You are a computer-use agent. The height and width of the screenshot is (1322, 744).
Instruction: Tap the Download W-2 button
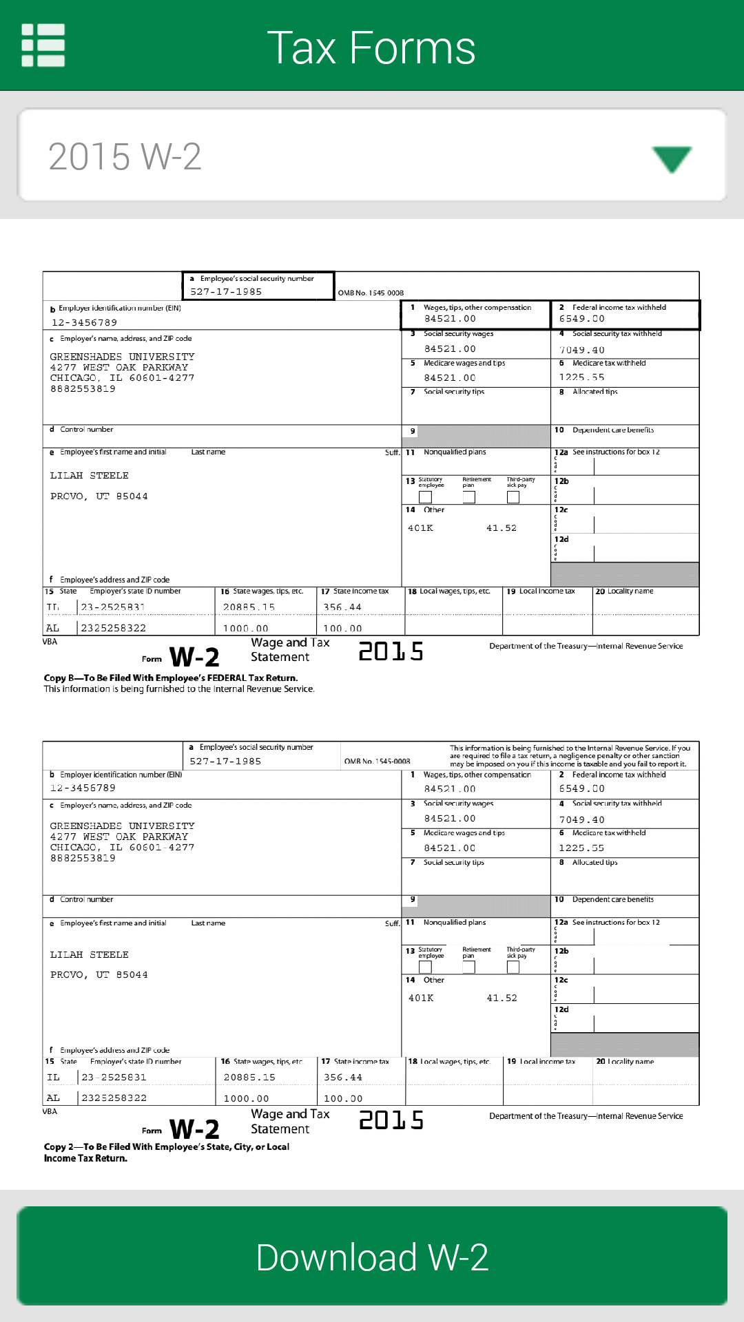click(x=372, y=1256)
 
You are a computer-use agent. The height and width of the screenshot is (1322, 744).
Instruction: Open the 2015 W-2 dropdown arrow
click(x=672, y=158)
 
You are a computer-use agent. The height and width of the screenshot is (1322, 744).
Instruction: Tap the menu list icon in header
click(x=43, y=45)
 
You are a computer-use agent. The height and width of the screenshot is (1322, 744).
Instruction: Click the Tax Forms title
click(x=371, y=48)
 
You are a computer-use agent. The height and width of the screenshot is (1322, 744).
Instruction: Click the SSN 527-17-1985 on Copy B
click(x=226, y=292)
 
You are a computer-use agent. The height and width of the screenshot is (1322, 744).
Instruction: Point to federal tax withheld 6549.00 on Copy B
click(x=582, y=319)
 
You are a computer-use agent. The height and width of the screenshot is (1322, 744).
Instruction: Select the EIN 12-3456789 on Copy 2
click(x=83, y=788)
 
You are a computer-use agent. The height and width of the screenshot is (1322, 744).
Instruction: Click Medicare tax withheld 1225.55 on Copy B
click(x=582, y=377)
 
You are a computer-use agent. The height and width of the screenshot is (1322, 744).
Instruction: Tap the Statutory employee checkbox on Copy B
click(x=426, y=497)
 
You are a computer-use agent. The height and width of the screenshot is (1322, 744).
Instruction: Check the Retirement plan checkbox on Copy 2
click(x=469, y=967)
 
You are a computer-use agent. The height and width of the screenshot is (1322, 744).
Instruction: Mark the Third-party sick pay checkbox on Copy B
click(x=513, y=497)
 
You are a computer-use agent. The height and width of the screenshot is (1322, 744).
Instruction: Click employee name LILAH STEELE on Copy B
click(x=89, y=476)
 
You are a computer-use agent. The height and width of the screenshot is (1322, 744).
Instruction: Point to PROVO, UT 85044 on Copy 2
click(x=99, y=975)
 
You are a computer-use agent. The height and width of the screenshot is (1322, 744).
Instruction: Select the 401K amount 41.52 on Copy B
click(x=502, y=528)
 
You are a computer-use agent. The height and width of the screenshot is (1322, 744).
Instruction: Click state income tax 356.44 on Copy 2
click(x=343, y=1078)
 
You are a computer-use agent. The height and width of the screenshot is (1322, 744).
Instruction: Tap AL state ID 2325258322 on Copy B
click(x=114, y=628)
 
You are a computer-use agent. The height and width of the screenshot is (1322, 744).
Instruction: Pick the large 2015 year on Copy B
click(x=391, y=651)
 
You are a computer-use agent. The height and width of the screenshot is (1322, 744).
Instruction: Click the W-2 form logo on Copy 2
click(x=194, y=1129)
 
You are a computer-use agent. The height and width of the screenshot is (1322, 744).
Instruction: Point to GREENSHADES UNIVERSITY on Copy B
click(x=122, y=357)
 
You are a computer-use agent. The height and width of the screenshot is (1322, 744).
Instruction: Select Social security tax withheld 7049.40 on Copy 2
click(x=582, y=820)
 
